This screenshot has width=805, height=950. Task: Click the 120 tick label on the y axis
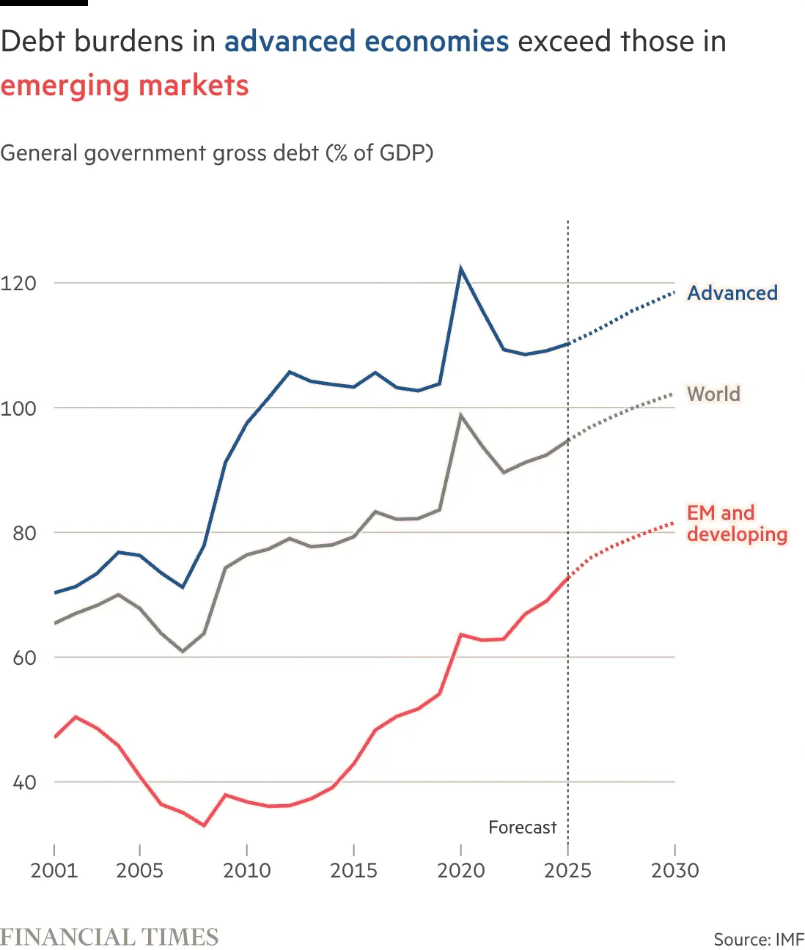18,283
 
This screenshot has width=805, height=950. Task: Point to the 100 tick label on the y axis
18,408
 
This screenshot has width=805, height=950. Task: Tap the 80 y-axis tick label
24,533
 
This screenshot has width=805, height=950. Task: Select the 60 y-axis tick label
24,658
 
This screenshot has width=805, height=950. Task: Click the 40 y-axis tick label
24,782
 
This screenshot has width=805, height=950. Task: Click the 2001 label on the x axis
54,870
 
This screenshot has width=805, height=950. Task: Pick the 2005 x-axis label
139,870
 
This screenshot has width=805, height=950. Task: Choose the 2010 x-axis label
247,870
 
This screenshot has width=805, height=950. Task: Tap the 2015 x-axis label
354,870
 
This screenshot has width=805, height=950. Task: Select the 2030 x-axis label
674,870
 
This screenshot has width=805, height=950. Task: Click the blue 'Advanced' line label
732,293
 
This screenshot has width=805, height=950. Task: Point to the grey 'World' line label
713,394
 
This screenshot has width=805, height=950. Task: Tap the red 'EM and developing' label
736,523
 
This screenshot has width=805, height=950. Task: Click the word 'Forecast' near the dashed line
522,828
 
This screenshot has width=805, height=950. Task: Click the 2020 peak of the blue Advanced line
460,268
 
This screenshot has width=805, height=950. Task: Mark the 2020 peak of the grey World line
460,416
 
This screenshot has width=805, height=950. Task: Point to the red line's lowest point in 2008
204,825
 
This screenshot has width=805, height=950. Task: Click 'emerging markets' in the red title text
125,86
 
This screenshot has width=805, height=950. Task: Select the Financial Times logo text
109,937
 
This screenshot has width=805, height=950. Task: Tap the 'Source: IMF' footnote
758,939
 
